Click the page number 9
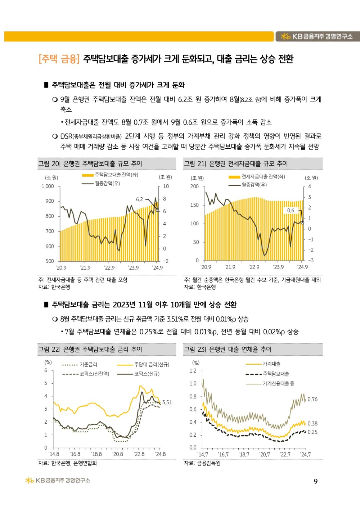316,482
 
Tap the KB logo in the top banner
285,36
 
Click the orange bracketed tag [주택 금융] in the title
59,59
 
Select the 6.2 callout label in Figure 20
139,199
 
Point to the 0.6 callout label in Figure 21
291,211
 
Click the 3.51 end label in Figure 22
167,402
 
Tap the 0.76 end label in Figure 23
312,399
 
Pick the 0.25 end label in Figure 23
312,432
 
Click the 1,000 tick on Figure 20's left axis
48,186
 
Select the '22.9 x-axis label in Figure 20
109,268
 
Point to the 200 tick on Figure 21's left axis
194,186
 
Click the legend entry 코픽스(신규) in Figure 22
147,374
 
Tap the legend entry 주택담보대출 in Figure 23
276,374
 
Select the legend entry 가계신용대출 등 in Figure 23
278,384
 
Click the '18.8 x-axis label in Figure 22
96,454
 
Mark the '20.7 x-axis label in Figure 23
265,455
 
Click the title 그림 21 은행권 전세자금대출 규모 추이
236,164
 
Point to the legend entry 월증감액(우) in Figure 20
107,184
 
